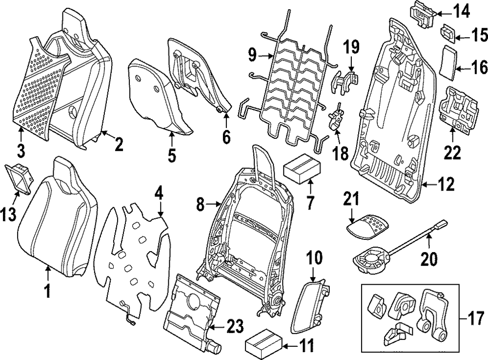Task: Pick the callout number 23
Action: coord(234,326)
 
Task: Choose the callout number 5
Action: coord(171,156)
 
